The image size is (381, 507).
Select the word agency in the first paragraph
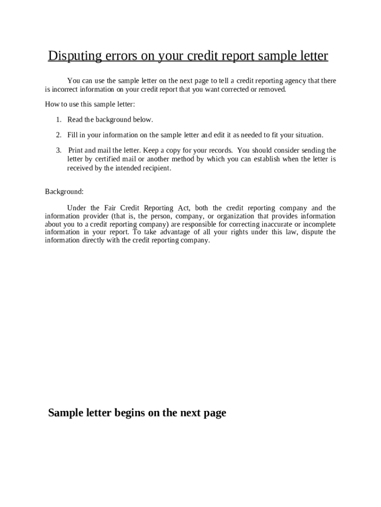tap(295, 80)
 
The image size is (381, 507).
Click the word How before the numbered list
tap(51, 104)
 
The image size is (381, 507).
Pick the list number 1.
tap(58, 120)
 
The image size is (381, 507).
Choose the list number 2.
tap(58, 135)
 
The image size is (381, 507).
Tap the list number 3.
tap(58, 150)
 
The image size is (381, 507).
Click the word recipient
tap(156, 168)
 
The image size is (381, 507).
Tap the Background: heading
tap(64, 191)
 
